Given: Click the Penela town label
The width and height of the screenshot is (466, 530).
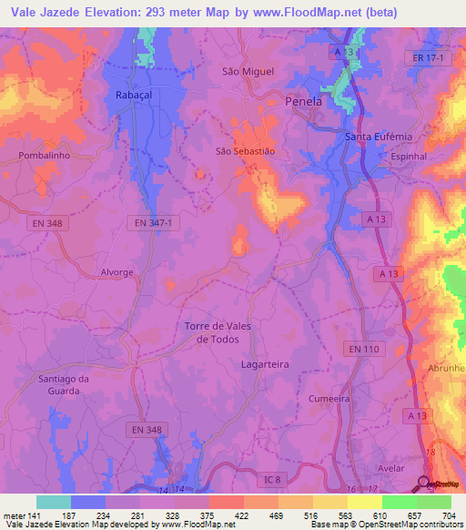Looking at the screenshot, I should point(304,102).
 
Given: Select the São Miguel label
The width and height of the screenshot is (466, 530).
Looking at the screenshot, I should point(248,71).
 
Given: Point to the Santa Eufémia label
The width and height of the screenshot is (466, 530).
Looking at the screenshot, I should point(380,137).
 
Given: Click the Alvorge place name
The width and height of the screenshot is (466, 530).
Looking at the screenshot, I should point(117,272).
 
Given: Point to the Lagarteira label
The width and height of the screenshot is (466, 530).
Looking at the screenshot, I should point(265,364).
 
